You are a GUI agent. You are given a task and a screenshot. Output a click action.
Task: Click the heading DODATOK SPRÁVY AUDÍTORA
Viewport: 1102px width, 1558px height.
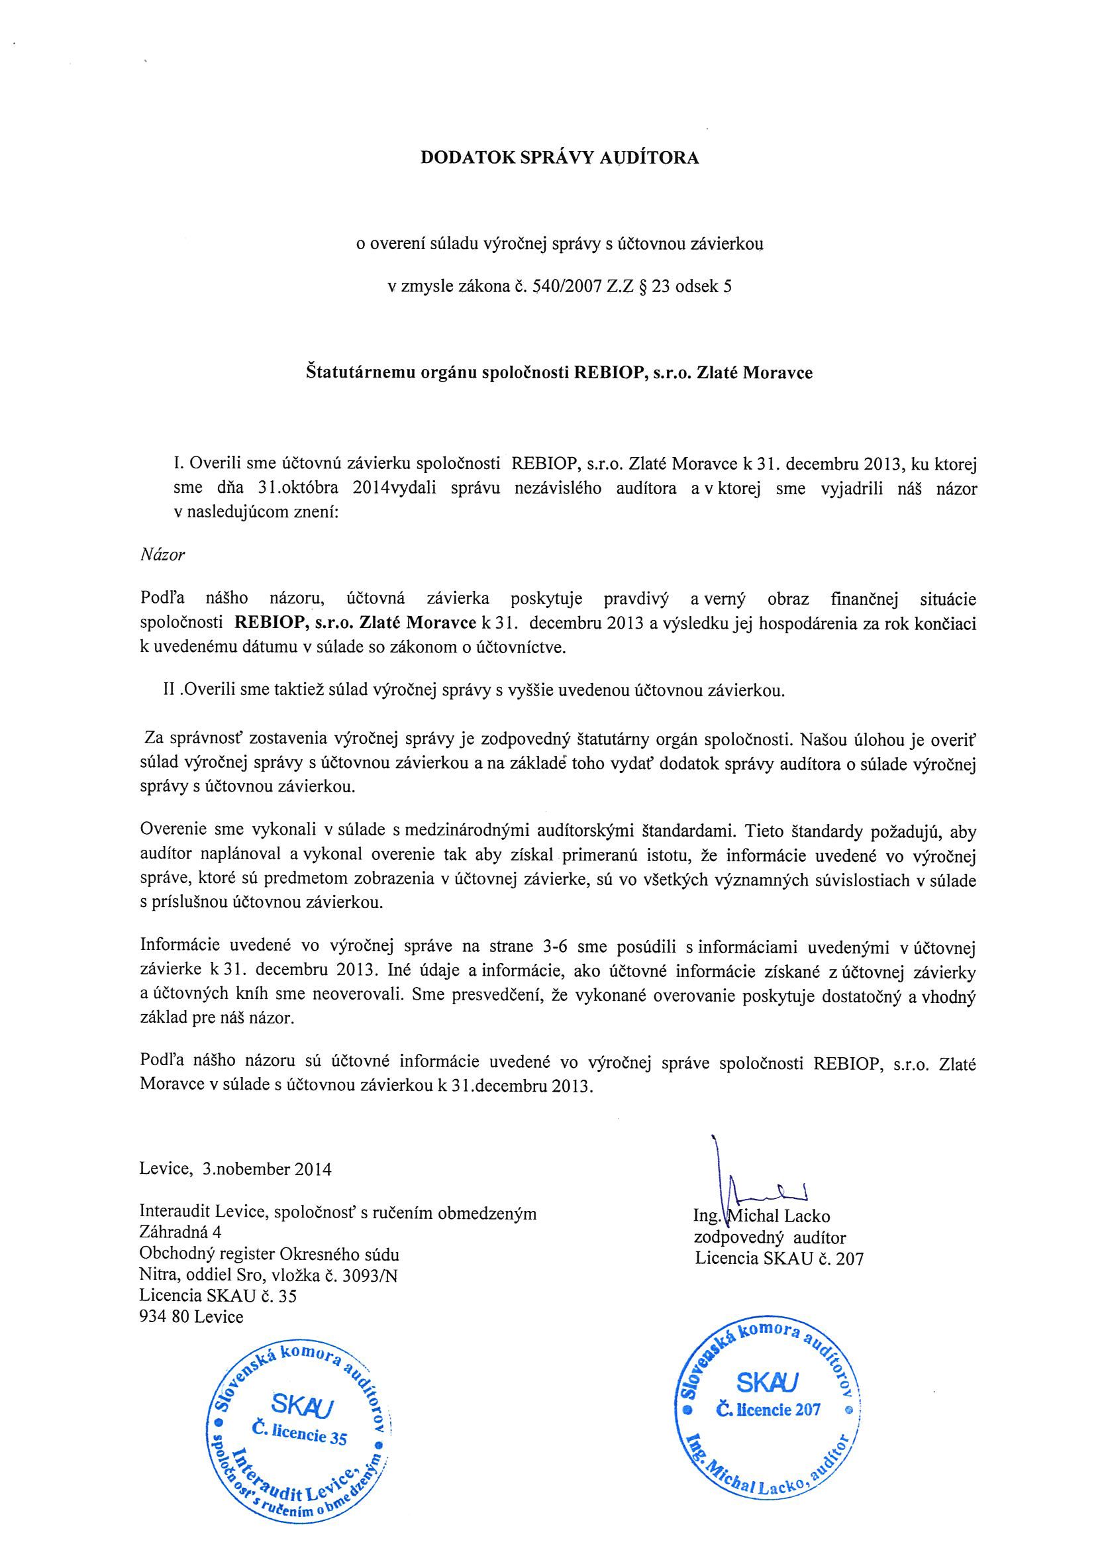pos(559,158)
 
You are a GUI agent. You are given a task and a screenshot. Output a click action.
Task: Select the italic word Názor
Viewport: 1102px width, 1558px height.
pos(162,554)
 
